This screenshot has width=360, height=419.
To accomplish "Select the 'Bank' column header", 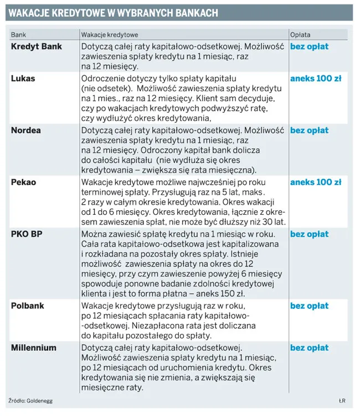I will (x=18, y=34).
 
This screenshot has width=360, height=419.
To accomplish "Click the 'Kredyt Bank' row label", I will (x=37, y=46).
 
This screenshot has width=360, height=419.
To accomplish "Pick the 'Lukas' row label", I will (x=23, y=79).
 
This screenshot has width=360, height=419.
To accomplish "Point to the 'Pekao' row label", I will (x=24, y=182).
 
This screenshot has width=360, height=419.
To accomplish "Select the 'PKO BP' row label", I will (x=27, y=234).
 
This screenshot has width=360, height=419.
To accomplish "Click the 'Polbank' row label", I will (x=28, y=306).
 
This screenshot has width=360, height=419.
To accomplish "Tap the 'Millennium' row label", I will (x=34, y=348).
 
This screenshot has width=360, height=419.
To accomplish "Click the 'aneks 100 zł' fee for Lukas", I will (x=316, y=79).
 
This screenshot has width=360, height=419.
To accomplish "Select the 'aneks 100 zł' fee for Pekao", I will (x=316, y=182).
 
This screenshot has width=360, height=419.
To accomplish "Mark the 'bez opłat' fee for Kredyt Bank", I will (x=309, y=46).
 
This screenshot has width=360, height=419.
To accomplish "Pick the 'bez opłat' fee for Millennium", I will (x=309, y=348).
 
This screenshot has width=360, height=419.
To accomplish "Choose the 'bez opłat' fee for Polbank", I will (x=309, y=306).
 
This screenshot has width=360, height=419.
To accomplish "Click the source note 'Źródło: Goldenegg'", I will (x=30, y=400).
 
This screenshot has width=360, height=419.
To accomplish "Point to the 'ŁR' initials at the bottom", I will (x=342, y=400).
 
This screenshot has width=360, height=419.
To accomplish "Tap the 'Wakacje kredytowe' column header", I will (x=110, y=34).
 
